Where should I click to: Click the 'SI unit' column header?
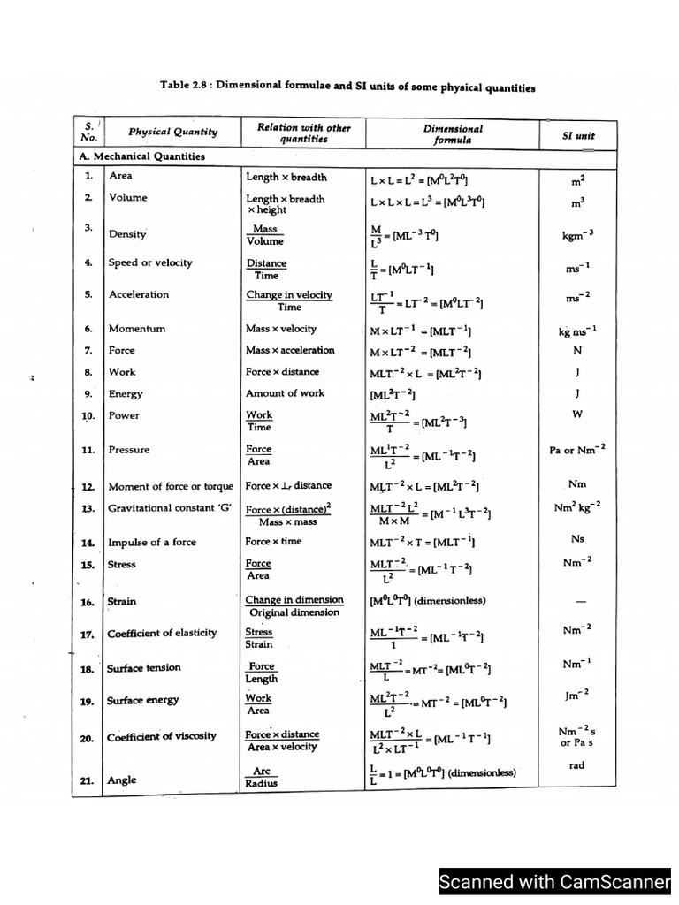click(x=579, y=136)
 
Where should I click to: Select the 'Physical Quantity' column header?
click(x=172, y=133)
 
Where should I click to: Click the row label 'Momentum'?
click(x=137, y=329)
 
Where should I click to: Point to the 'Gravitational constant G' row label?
click(x=167, y=509)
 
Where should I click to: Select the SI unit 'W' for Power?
click(x=577, y=414)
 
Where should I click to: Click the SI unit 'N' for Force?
click(x=577, y=350)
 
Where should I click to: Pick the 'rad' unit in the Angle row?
click(x=576, y=765)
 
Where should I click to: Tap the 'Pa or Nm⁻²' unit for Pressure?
click(x=577, y=450)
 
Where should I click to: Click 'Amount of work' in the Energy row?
click(x=285, y=393)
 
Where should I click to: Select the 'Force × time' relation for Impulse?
click(x=273, y=542)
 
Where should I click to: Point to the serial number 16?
click(x=88, y=602)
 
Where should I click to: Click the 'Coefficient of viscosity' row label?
click(x=162, y=737)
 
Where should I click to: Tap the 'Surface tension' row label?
click(x=144, y=668)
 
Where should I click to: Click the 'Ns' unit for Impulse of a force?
click(x=578, y=538)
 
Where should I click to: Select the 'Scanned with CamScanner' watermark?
click(x=555, y=881)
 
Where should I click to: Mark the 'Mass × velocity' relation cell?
click(x=280, y=329)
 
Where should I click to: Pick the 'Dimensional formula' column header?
click(x=453, y=133)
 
